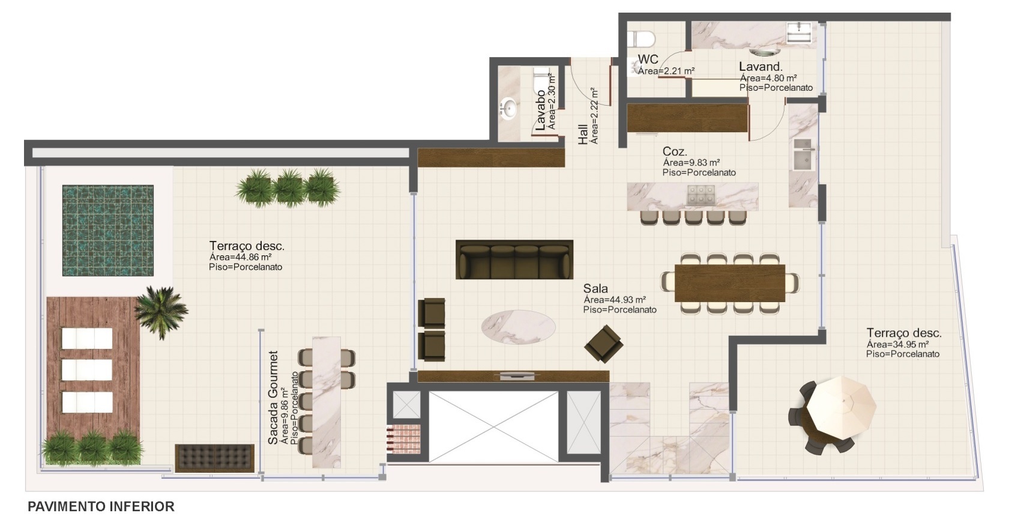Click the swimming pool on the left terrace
(108, 230)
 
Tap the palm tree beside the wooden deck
(161, 311)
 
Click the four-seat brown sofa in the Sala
(514, 260)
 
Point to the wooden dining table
(730, 283)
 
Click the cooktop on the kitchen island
(700, 195)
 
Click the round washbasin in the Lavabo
(509, 109)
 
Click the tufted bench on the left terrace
(215, 458)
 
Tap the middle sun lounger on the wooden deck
(87, 370)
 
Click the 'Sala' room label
(595, 288)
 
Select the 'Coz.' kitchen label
(675, 151)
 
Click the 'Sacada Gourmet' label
(273, 398)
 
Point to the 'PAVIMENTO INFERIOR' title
(101, 506)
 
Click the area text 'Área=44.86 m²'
(240, 257)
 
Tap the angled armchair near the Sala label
(604, 344)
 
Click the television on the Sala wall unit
(518, 375)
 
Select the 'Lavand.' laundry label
(761, 67)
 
